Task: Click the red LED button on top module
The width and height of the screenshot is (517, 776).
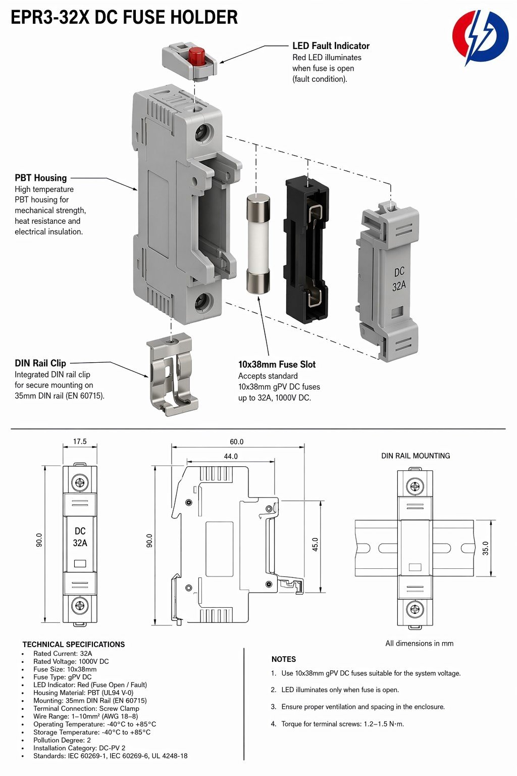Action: (x=196, y=56)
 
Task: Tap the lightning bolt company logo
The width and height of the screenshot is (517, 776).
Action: (x=480, y=37)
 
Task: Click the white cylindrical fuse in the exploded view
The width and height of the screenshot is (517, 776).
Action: (x=258, y=244)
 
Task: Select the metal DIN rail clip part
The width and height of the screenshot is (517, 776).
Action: (x=173, y=374)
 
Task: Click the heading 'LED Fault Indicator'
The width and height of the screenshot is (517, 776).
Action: (x=331, y=46)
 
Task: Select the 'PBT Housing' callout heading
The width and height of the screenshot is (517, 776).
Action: (x=40, y=178)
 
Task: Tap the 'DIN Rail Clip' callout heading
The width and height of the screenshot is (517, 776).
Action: (x=40, y=363)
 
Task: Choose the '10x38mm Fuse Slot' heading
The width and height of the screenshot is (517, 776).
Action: (x=277, y=364)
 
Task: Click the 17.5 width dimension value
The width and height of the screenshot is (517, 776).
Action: (x=80, y=442)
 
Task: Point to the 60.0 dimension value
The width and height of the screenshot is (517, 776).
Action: (x=236, y=442)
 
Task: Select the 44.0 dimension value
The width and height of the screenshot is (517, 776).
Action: (x=231, y=456)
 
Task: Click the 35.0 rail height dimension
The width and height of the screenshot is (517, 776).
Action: (x=486, y=548)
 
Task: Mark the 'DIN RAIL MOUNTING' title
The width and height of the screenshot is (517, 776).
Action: (x=416, y=456)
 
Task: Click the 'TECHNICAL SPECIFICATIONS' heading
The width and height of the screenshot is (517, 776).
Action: (x=73, y=644)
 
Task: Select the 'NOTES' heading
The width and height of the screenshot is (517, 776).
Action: (x=284, y=659)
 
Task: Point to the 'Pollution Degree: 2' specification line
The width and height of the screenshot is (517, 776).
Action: (x=62, y=740)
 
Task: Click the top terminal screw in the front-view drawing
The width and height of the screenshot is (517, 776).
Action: (x=80, y=482)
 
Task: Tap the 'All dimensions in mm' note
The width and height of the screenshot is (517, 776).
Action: (x=420, y=643)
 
